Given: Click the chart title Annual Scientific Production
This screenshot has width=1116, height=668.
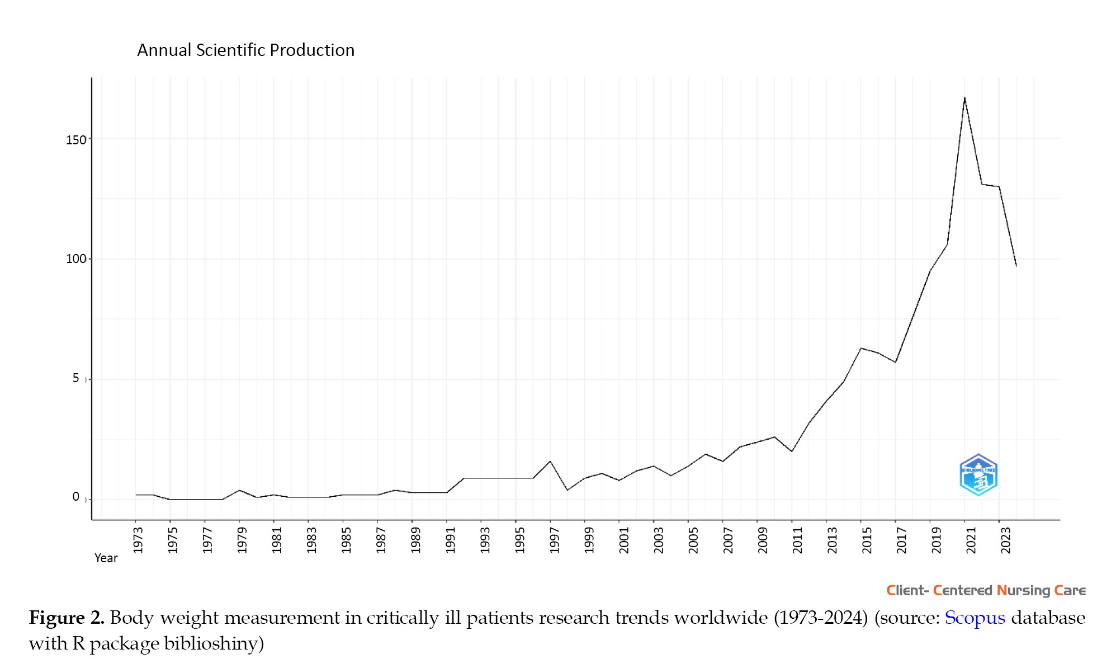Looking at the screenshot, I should click(x=245, y=50).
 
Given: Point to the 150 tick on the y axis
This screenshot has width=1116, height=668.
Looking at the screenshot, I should click(x=76, y=140).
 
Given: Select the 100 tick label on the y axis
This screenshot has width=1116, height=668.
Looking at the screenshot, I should click(x=76, y=259).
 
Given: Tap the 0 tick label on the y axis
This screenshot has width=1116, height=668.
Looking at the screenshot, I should click(x=75, y=497).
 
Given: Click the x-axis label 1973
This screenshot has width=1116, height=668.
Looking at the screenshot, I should click(x=138, y=540).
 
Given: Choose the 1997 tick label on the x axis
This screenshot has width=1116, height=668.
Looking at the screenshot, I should click(x=554, y=540).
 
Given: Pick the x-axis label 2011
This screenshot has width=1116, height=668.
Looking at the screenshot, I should click(x=797, y=540).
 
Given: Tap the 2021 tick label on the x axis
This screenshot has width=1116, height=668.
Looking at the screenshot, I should click(x=971, y=540).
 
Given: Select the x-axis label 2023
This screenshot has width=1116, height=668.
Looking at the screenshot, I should click(x=1005, y=540).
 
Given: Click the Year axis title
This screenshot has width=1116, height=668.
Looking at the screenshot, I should click(x=106, y=558).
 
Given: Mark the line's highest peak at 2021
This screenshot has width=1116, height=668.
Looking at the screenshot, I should click(x=964, y=98).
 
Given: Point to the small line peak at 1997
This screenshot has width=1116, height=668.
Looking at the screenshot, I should click(x=550, y=462).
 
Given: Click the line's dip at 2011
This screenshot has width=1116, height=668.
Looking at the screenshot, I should click(x=792, y=451).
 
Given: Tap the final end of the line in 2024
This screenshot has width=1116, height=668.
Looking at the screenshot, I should click(x=1016, y=266).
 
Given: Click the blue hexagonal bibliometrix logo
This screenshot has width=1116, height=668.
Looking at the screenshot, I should click(x=978, y=475).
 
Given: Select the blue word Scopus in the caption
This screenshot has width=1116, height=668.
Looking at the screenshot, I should click(x=975, y=618).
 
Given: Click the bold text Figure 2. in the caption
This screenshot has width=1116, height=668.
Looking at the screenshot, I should click(x=67, y=618).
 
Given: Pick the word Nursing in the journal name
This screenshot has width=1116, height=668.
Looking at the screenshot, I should click(x=1023, y=591).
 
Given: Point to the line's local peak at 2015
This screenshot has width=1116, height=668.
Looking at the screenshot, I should click(x=861, y=348).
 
